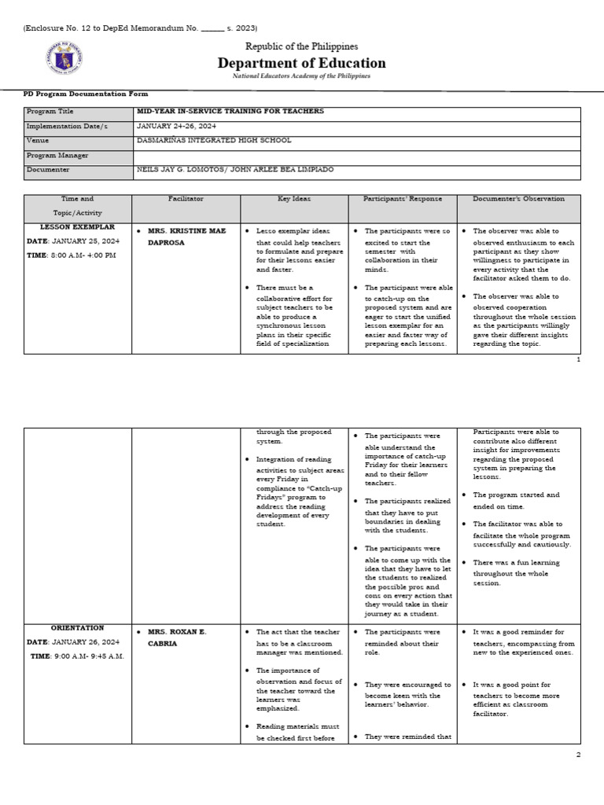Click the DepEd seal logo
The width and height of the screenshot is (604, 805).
64,58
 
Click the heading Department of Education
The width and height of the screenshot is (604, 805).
301,63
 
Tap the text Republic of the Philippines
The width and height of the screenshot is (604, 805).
301,46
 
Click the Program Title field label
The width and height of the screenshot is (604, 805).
51,112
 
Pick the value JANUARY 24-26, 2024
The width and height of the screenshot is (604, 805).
176,126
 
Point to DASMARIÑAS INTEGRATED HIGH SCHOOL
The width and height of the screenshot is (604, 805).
214,140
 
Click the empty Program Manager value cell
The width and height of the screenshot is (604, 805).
357,155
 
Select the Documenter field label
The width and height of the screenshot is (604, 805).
48,169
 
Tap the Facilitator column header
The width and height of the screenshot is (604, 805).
186,199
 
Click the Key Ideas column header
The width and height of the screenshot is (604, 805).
294,199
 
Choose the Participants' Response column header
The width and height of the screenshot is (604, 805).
402,199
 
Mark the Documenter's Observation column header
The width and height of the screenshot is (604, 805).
518,199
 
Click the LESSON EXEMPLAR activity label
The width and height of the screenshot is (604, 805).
77,227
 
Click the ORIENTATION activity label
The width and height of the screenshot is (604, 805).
77,628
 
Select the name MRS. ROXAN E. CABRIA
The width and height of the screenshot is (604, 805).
174,638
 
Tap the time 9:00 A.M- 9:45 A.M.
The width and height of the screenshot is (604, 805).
77,656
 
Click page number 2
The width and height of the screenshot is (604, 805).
577,754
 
